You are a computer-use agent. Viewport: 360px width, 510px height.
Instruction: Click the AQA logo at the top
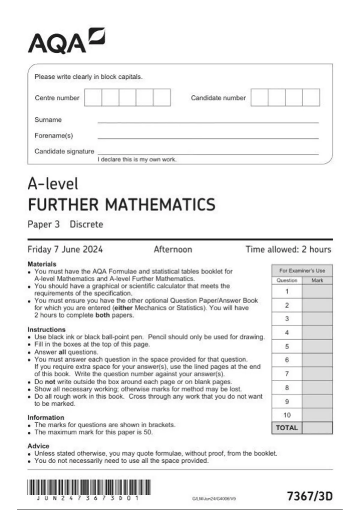[66, 41]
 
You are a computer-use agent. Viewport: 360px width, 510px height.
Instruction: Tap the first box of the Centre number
[93, 97]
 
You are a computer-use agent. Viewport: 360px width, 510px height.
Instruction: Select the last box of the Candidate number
[311, 97]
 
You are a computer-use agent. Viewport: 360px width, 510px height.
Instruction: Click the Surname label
[48, 120]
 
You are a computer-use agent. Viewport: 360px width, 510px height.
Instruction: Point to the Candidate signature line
[208, 154]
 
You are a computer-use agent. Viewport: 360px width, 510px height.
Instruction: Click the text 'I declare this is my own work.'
[137, 160]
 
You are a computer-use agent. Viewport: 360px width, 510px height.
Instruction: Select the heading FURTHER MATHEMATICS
[121, 205]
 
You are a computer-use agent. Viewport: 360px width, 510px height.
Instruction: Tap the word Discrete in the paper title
[86, 224]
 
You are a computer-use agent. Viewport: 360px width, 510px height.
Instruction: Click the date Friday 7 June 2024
[65, 249]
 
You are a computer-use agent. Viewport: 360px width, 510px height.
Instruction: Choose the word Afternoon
[173, 249]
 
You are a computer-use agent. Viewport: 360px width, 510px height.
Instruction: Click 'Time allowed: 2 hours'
[288, 249]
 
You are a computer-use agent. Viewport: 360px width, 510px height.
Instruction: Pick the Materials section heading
[42, 264]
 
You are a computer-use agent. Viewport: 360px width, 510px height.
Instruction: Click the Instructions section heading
[46, 329]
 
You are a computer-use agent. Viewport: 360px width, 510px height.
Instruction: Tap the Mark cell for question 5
[317, 346]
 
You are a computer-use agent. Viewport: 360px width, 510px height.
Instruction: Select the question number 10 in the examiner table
[287, 415]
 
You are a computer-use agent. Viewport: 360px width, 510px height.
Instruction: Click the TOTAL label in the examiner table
[287, 428]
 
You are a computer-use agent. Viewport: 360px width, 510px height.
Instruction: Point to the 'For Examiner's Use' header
[302, 271]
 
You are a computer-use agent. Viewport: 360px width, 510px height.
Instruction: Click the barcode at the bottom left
[89, 487]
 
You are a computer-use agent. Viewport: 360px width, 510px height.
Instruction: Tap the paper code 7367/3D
[310, 496]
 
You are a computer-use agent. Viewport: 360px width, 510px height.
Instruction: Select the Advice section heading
[38, 446]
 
